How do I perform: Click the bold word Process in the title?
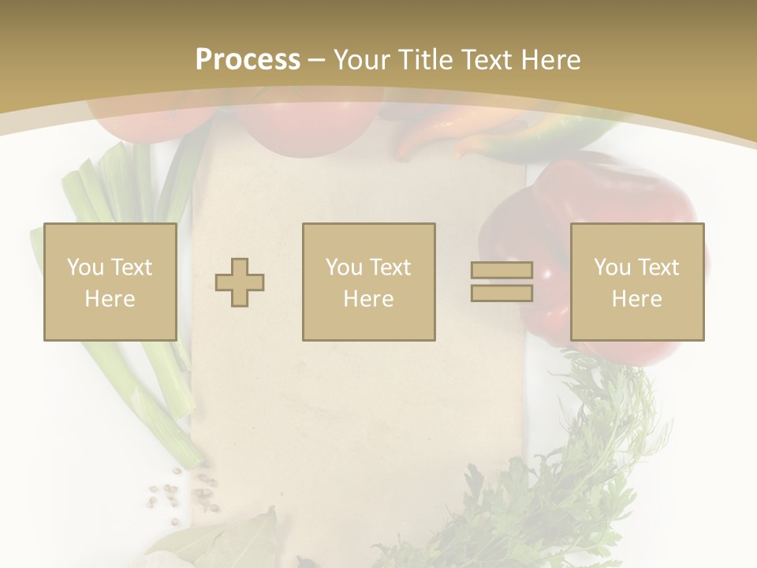tap(248, 59)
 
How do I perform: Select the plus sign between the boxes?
tap(240, 282)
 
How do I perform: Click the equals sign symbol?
tap(502, 282)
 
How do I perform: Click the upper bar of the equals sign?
tap(502, 271)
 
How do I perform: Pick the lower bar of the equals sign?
tap(502, 293)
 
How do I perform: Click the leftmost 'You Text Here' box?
tap(110, 282)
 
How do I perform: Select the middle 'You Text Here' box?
tap(368, 282)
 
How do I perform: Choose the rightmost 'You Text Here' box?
tap(636, 282)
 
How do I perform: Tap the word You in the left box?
tap(85, 267)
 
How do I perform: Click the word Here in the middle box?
tap(368, 299)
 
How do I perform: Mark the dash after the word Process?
tap(317, 59)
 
